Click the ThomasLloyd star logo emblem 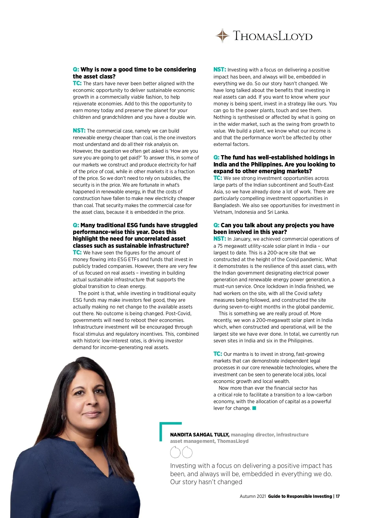click(x=223, y=36)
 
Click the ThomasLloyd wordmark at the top click(x=273, y=36)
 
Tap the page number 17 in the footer click(x=338, y=496)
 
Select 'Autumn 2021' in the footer click(x=253, y=496)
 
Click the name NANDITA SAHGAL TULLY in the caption click(x=199, y=435)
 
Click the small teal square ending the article click(x=254, y=408)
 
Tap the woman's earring click(x=63, y=417)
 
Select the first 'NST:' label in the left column click(x=79, y=131)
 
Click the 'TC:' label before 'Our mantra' click(x=217, y=354)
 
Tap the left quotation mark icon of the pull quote click(x=175, y=452)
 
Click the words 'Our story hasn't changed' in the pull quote click(x=206, y=482)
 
